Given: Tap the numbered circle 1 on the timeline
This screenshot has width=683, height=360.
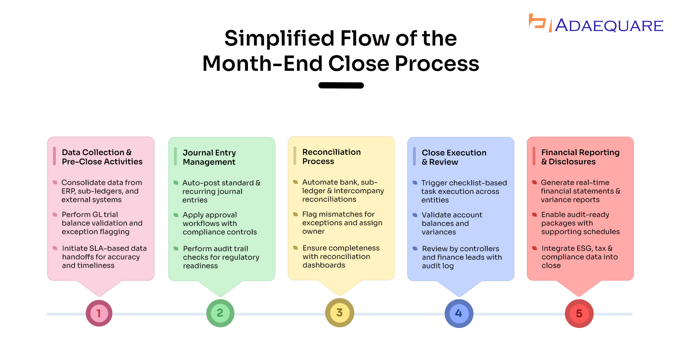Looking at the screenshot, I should pyautogui.click(x=99, y=313).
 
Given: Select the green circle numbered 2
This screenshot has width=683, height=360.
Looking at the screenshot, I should pyautogui.click(x=220, y=313).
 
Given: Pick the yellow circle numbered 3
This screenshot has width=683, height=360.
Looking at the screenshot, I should pyautogui.click(x=340, y=313).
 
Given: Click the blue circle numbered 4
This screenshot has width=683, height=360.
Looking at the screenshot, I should pyautogui.click(x=459, y=313).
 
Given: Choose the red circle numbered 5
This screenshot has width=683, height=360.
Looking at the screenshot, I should pyautogui.click(x=579, y=313).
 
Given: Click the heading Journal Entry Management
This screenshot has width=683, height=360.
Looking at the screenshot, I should pyautogui.click(x=209, y=157).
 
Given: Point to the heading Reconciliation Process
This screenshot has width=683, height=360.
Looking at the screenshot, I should pyautogui.click(x=332, y=157).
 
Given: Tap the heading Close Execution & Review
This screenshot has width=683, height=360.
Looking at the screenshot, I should pyautogui.click(x=454, y=157).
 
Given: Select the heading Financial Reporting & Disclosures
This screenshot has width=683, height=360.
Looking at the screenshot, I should pyautogui.click(x=580, y=157).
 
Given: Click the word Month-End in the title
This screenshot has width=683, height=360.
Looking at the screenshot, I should pyautogui.click(x=263, y=64).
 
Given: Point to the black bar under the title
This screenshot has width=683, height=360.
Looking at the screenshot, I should pyautogui.click(x=341, y=85).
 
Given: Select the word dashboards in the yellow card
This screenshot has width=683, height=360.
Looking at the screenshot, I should pyautogui.click(x=324, y=265).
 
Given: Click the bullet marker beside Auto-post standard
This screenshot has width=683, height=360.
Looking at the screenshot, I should pyautogui.click(x=176, y=183).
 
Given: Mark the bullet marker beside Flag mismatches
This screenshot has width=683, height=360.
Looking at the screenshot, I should pyautogui.click(x=295, y=214).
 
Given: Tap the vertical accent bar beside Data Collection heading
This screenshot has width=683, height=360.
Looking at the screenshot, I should pyautogui.click(x=54, y=156).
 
